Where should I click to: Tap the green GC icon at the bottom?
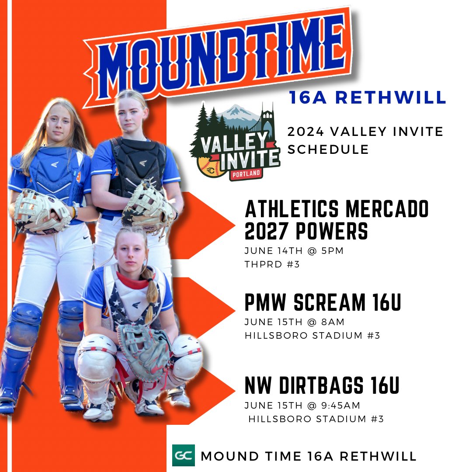(183, 455)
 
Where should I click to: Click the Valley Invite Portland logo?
(235, 142)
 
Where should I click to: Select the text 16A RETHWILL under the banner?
(367, 97)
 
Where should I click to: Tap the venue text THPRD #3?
(272, 264)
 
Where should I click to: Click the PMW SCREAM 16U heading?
(323, 302)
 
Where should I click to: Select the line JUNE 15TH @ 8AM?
(295, 323)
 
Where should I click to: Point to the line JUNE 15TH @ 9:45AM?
(302, 406)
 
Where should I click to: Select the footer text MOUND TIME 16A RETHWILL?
(308, 456)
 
